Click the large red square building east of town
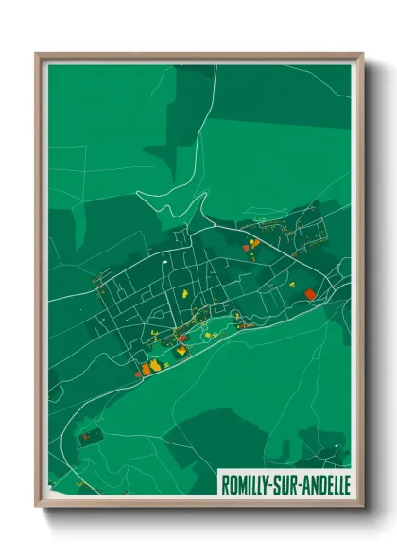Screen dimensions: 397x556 [309, 294]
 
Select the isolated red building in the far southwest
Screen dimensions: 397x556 [84, 436]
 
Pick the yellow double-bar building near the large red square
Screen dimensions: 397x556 [292, 283]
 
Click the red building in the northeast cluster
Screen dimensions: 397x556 [254, 244]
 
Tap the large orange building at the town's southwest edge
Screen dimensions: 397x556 [146, 368]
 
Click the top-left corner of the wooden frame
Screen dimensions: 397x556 [36, 54]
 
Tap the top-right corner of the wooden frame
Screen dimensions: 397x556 [363, 54]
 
